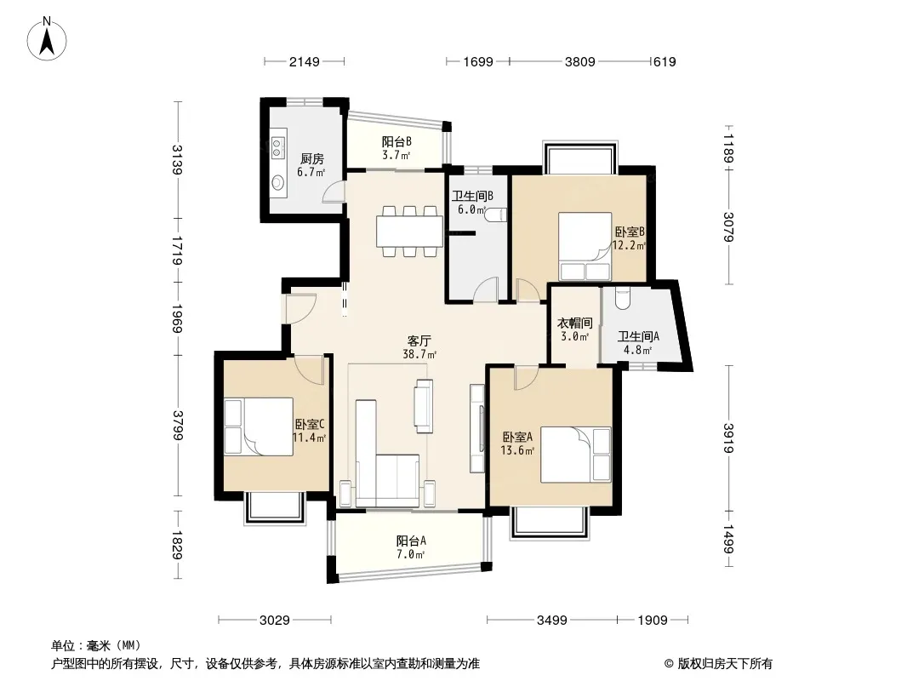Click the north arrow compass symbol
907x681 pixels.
pyautogui.click(x=47, y=39)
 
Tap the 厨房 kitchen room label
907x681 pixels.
pyautogui.click(x=311, y=158)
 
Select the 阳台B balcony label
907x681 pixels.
pyautogui.click(x=396, y=142)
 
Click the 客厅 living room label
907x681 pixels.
pyautogui.click(x=419, y=340)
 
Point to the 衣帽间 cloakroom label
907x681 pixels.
pyautogui.click(x=575, y=323)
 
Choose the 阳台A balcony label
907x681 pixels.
pyautogui.click(x=411, y=541)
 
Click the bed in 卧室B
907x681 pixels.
pyautogui.click(x=585, y=247)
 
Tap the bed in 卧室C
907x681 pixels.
pyautogui.click(x=259, y=426)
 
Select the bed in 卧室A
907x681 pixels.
pyautogui.click(x=575, y=455)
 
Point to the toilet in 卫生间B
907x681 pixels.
pyautogui.click(x=496, y=215)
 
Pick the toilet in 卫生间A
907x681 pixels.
pyautogui.click(x=622, y=297)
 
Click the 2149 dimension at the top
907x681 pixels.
pyautogui.click(x=305, y=61)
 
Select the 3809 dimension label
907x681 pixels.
pyautogui.click(x=580, y=61)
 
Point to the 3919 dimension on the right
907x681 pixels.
pyautogui.click(x=728, y=438)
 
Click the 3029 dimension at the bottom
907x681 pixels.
pyautogui.click(x=275, y=621)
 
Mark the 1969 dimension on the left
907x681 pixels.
pyautogui.click(x=178, y=318)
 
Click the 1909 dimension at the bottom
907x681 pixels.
pyautogui.click(x=653, y=621)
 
